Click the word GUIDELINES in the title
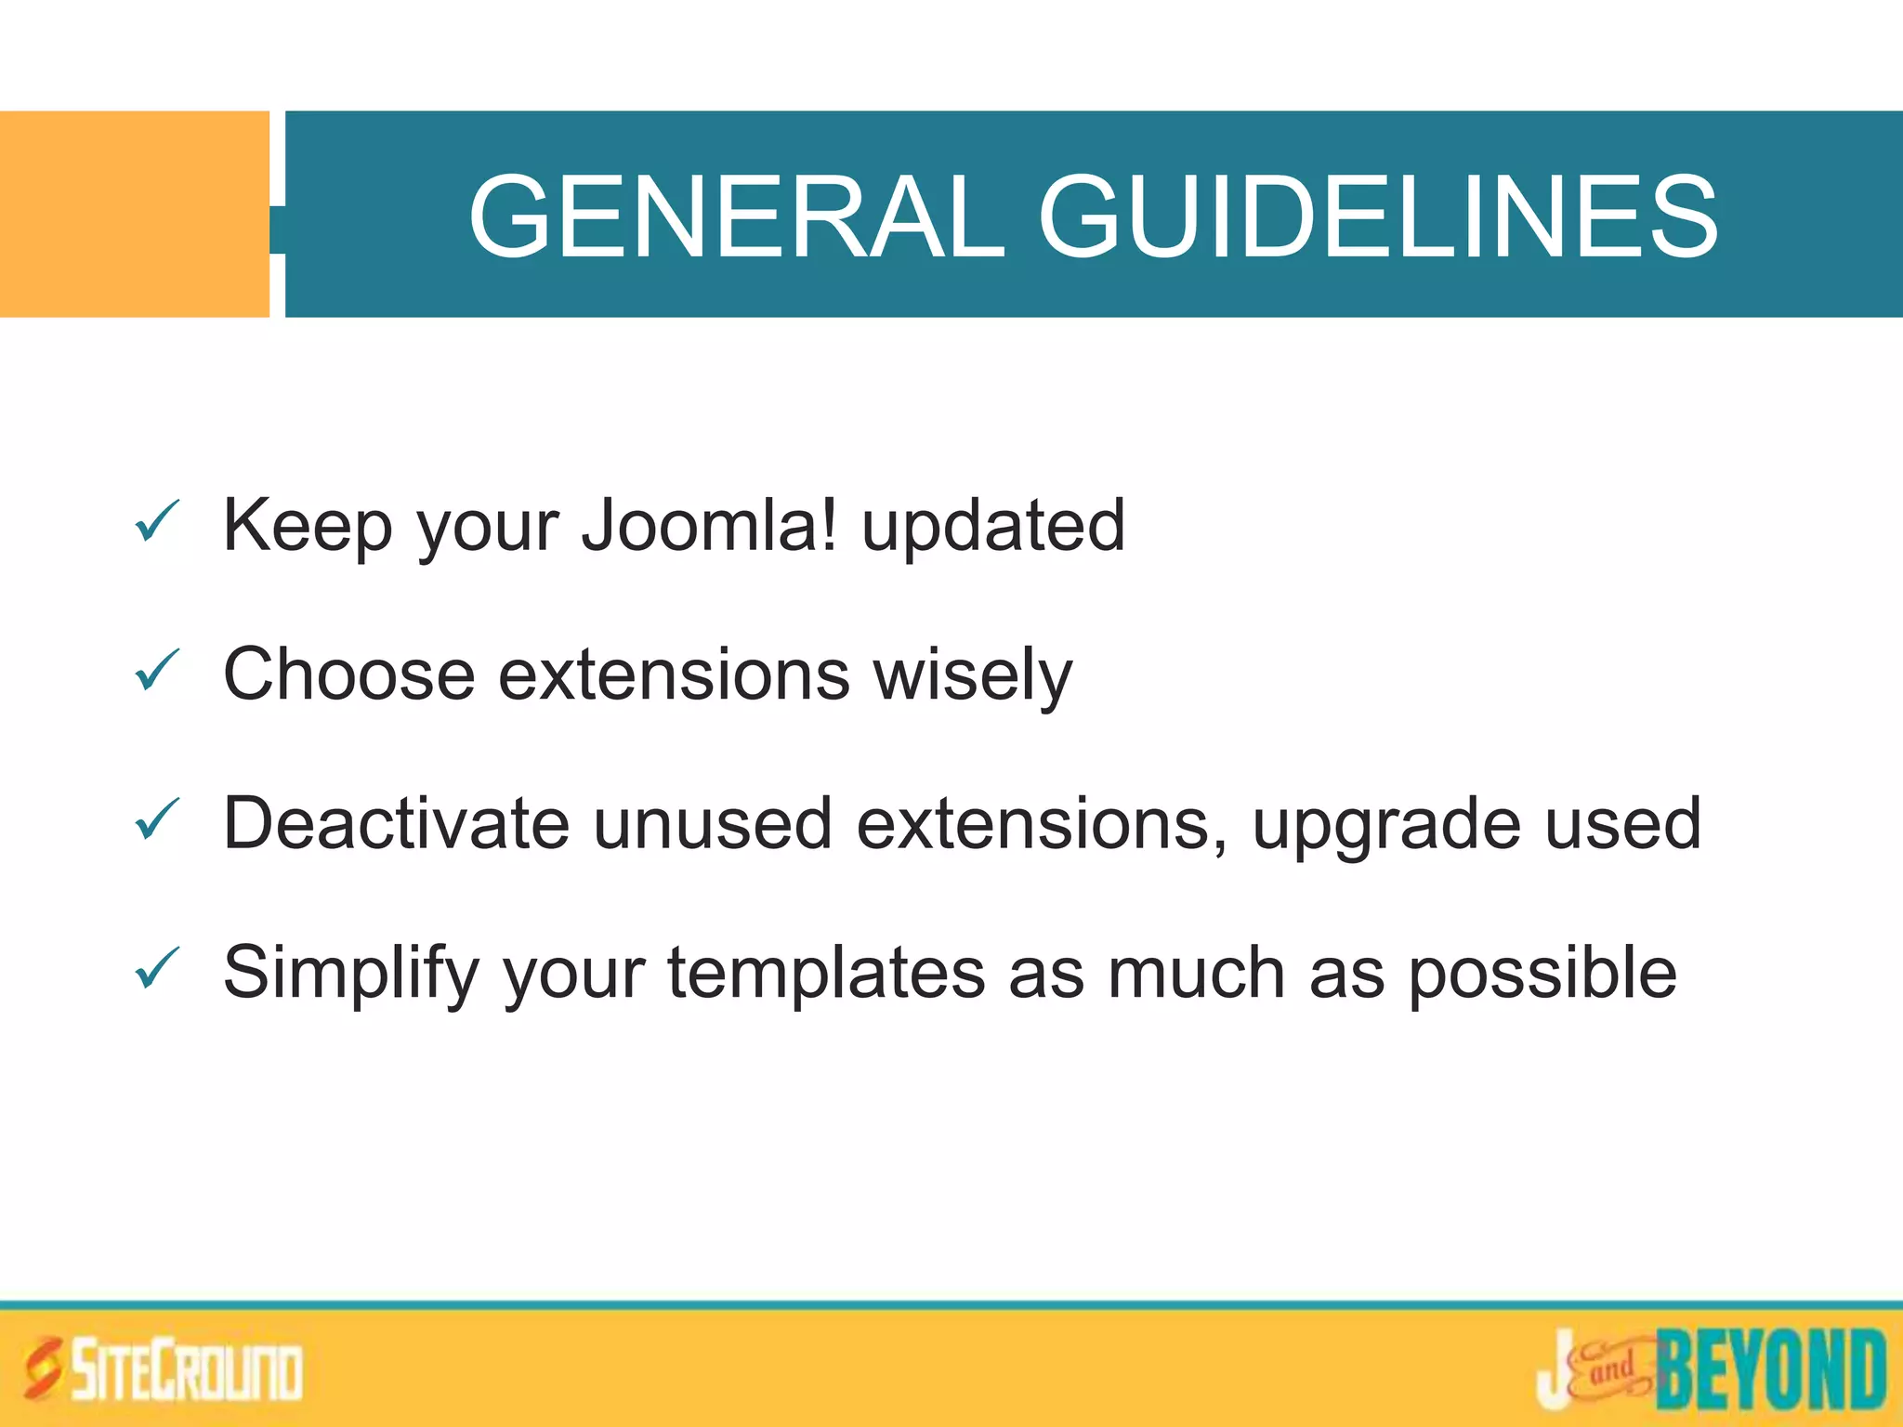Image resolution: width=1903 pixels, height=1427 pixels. [x=1377, y=217]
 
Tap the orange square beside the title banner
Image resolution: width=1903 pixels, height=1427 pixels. [x=134, y=214]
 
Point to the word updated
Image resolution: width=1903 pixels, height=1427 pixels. [x=993, y=528]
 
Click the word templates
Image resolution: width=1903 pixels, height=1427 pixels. [x=826, y=974]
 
